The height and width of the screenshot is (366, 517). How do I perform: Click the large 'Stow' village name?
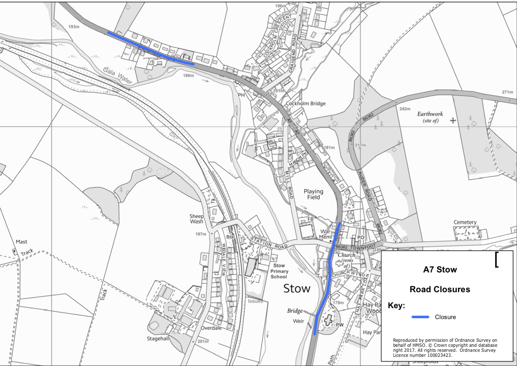(x=297, y=289)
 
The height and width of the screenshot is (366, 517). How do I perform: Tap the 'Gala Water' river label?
(x=117, y=76)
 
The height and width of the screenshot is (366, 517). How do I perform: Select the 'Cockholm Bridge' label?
(x=306, y=103)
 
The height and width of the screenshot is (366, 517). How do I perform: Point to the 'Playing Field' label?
(x=313, y=194)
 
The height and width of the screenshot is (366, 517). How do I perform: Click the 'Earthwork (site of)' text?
(x=430, y=117)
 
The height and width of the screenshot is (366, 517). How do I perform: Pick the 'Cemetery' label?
(x=465, y=222)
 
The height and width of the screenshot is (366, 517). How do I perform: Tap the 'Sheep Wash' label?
(x=197, y=219)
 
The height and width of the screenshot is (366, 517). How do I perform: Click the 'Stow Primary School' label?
(x=279, y=271)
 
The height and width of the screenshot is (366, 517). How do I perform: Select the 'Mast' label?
(x=22, y=242)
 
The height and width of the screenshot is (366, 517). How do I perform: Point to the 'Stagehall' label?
(x=158, y=338)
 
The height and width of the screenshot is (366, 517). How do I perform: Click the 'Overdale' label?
(x=211, y=328)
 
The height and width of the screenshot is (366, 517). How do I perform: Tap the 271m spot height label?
(x=507, y=92)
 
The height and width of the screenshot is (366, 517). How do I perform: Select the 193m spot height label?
(x=74, y=27)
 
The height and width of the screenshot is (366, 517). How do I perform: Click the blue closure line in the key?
(x=420, y=317)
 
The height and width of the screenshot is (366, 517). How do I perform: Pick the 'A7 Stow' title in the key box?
(x=440, y=270)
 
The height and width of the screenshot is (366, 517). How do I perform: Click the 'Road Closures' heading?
(x=440, y=289)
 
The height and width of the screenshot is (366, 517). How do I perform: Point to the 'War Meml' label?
(x=325, y=234)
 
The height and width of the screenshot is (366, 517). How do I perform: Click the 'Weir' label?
(x=298, y=321)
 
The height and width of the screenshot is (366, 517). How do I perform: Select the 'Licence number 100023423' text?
(x=422, y=355)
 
